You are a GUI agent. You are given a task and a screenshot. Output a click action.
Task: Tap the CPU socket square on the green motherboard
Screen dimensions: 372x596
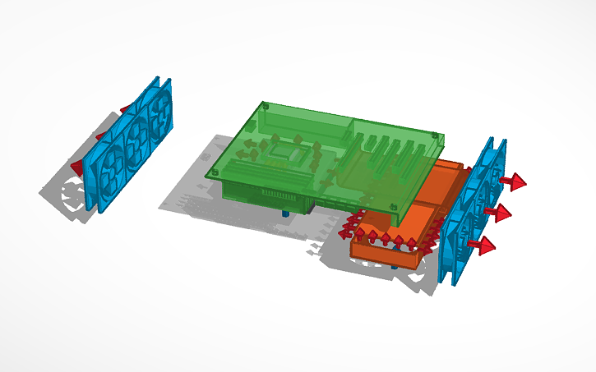pyautogui.click(x=290, y=152)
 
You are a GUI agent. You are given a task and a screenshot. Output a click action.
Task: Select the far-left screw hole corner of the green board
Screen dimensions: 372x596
pyautogui.click(x=213, y=173)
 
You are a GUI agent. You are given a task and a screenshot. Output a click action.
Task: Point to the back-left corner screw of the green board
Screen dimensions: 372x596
pyautogui.click(x=265, y=106)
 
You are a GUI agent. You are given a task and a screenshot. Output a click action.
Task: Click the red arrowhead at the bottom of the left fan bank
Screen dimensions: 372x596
pyautogui.click(x=77, y=168)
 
